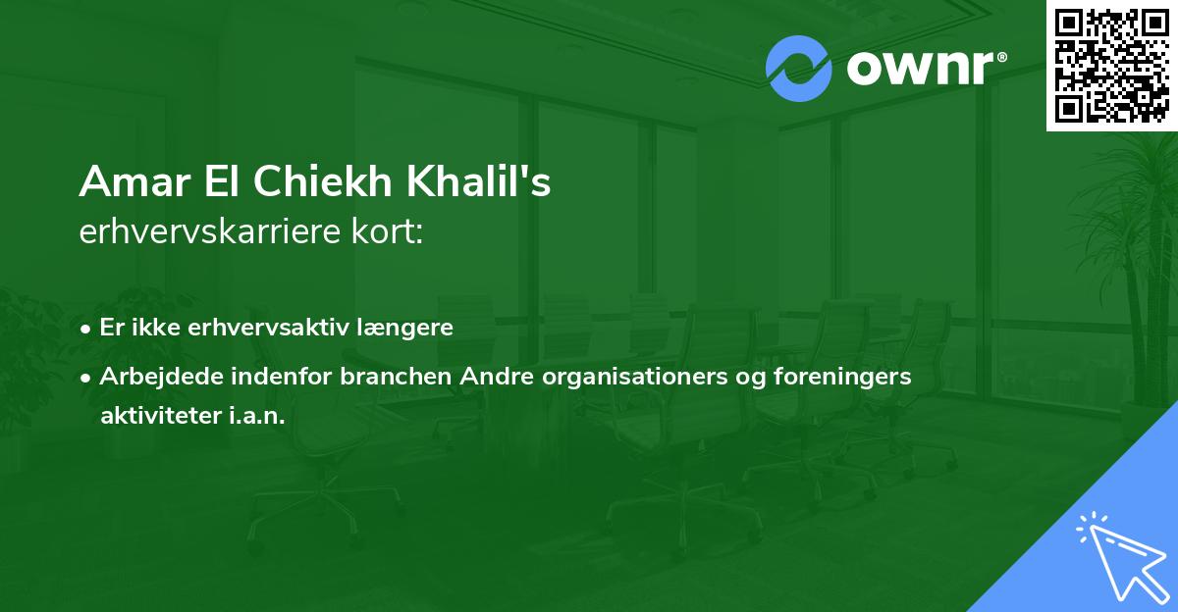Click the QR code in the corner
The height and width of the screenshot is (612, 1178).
pyautogui.click(x=1111, y=65)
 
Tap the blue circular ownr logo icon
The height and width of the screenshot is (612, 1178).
pyautogui.click(x=799, y=69)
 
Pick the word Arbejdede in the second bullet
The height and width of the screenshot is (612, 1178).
pyautogui.click(x=153, y=377)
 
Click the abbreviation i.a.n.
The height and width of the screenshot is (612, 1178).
pyautogui.click(x=257, y=415)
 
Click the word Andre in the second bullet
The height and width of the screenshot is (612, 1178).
pyautogui.click(x=457, y=377)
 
